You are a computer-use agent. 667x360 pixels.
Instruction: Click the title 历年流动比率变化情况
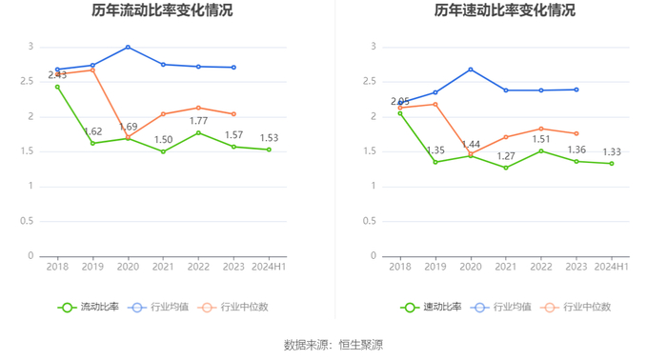[x=162, y=10]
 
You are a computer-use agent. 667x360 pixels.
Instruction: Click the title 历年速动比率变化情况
[x=504, y=10]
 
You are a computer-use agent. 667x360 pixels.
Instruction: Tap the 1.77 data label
[x=198, y=121]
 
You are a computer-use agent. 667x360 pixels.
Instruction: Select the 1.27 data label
[x=506, y=156]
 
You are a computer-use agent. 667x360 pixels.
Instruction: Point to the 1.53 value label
[x=270, y=138]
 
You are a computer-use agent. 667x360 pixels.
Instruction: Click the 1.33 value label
[x=612, y=152]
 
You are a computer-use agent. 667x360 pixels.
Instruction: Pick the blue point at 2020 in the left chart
[x=128, y=48]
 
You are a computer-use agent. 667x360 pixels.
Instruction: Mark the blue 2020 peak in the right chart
[x=471, y=70]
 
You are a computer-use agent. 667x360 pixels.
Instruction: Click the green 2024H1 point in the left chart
[x=269, y=150]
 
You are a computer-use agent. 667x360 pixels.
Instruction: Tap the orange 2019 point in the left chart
[x=92, y=70]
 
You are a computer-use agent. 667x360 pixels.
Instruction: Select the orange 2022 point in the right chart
[x=541, y=129]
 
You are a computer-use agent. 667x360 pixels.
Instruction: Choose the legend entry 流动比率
[x=89, y=308]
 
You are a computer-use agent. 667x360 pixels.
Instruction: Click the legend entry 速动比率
[x=431, y=308]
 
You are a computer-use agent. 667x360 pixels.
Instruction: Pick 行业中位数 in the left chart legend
[x=233, y=308]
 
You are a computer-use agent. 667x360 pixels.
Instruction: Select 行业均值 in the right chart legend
[x=500, y=308]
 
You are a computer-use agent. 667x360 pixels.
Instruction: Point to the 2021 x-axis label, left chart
[x=163, y=267]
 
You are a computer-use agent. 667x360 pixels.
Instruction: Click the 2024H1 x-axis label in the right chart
[x=612, y=267]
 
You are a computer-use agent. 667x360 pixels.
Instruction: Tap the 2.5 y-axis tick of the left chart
[x=27, y=81]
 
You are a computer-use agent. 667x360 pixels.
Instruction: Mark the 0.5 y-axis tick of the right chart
[x=370, y=221]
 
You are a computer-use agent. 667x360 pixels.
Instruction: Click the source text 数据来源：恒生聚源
[x=333, y=345]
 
